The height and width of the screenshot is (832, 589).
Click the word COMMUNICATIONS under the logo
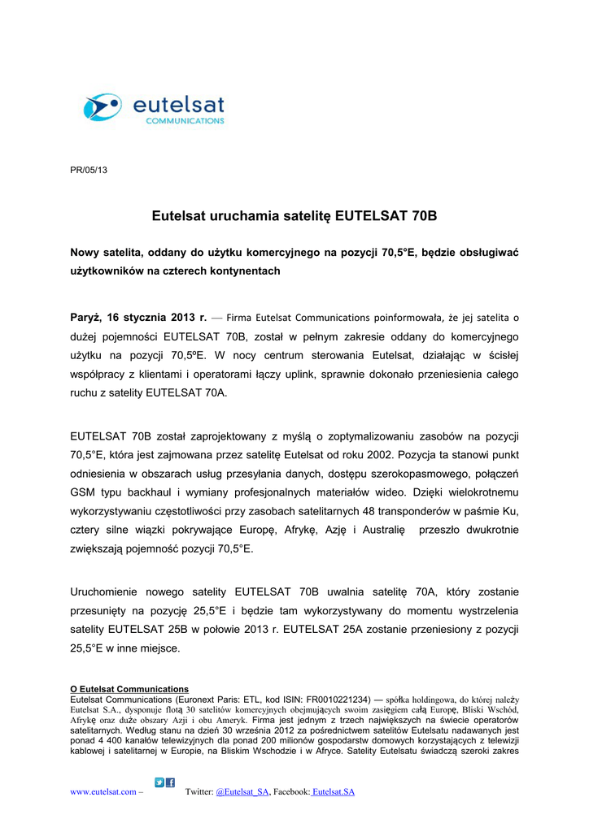click(x=185, y=121)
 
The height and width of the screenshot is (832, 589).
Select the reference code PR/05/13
click(x=89, y=170)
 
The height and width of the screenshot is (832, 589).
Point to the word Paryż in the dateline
click(x=87, y=317)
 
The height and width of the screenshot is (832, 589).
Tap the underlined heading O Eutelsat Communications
click(x=129, y=689)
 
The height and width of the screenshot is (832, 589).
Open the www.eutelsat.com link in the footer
click(x=103, y=792)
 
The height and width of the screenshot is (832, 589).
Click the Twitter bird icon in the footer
click(x=160, y=783)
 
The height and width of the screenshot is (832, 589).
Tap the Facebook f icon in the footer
click(x=171, y=783)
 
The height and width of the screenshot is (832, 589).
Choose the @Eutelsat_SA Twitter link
click(x=242, y=792)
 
